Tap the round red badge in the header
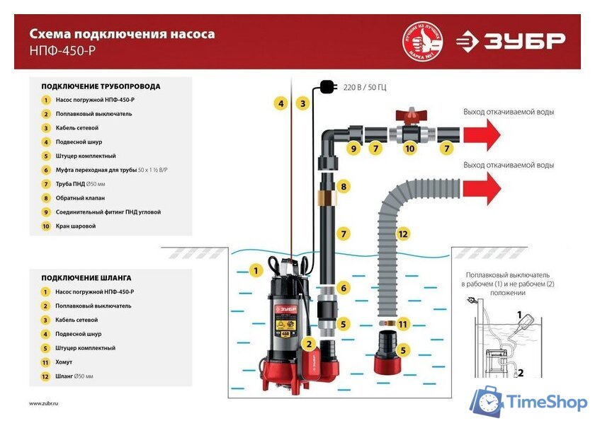422,41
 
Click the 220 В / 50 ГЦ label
365,87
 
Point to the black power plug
327,86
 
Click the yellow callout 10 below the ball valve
409,149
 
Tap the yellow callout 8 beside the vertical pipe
344,187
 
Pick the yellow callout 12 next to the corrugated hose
402,233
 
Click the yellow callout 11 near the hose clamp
403,324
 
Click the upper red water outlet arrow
481,132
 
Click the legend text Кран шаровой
75,226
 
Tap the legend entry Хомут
65,362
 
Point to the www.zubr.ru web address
44,403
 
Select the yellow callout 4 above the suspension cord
281,103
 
